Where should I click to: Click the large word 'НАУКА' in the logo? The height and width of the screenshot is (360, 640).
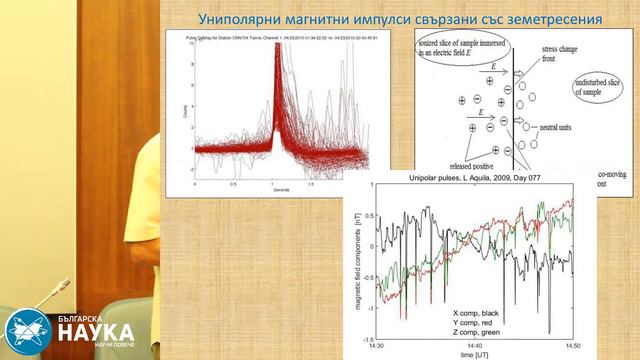[x=95, y=330]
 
